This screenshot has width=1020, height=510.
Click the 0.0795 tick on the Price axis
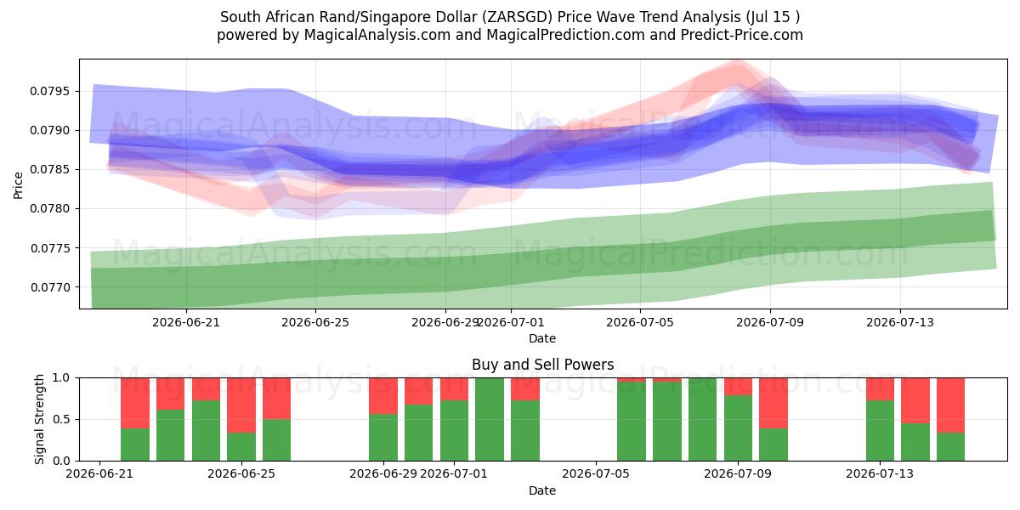point(49,91)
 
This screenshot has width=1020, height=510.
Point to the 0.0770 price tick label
point(49,287)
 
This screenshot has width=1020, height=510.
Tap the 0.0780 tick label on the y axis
point(49,209)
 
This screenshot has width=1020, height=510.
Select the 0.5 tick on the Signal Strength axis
point(61,419)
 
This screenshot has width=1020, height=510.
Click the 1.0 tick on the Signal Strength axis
point(61,378)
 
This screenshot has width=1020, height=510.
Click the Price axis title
point(18,185)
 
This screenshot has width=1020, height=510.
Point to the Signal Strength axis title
point(39,419)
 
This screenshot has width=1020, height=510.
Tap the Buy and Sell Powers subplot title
point(542,365)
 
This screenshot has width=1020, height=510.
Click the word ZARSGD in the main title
point(518,17)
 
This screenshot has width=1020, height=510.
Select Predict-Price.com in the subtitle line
point(742,35)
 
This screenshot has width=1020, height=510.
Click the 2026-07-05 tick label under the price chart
point(640,322)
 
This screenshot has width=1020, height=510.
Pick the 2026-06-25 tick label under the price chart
point(315,322)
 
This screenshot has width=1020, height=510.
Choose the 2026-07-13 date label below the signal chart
point(880,474)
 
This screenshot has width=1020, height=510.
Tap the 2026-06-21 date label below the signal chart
point(99,474)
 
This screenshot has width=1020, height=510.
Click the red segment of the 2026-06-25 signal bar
point(241,405)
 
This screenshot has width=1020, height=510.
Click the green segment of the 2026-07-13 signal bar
point(881,430)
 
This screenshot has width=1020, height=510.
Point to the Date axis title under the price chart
point(542,338)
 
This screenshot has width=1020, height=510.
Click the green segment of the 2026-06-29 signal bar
point(383,437)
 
